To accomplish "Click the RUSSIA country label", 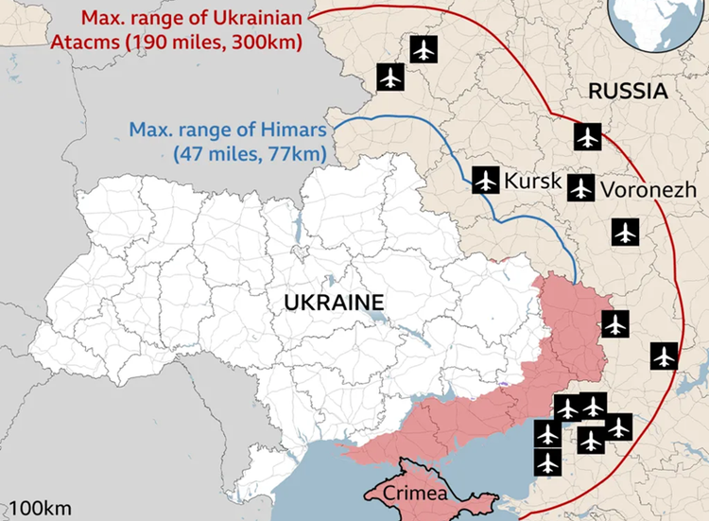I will (628, 92).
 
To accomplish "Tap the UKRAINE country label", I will (337, 303).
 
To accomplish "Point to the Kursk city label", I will (533, 181).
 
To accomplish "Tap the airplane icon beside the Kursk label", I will (486, 179).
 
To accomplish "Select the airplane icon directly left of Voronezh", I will (580, 188).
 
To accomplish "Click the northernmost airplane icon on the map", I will (424, 48).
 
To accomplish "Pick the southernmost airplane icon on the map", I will (547, 463).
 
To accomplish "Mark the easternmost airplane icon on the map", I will (665, 356).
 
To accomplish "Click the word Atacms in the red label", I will (114, 43).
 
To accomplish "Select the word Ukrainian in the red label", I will (245, 18).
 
